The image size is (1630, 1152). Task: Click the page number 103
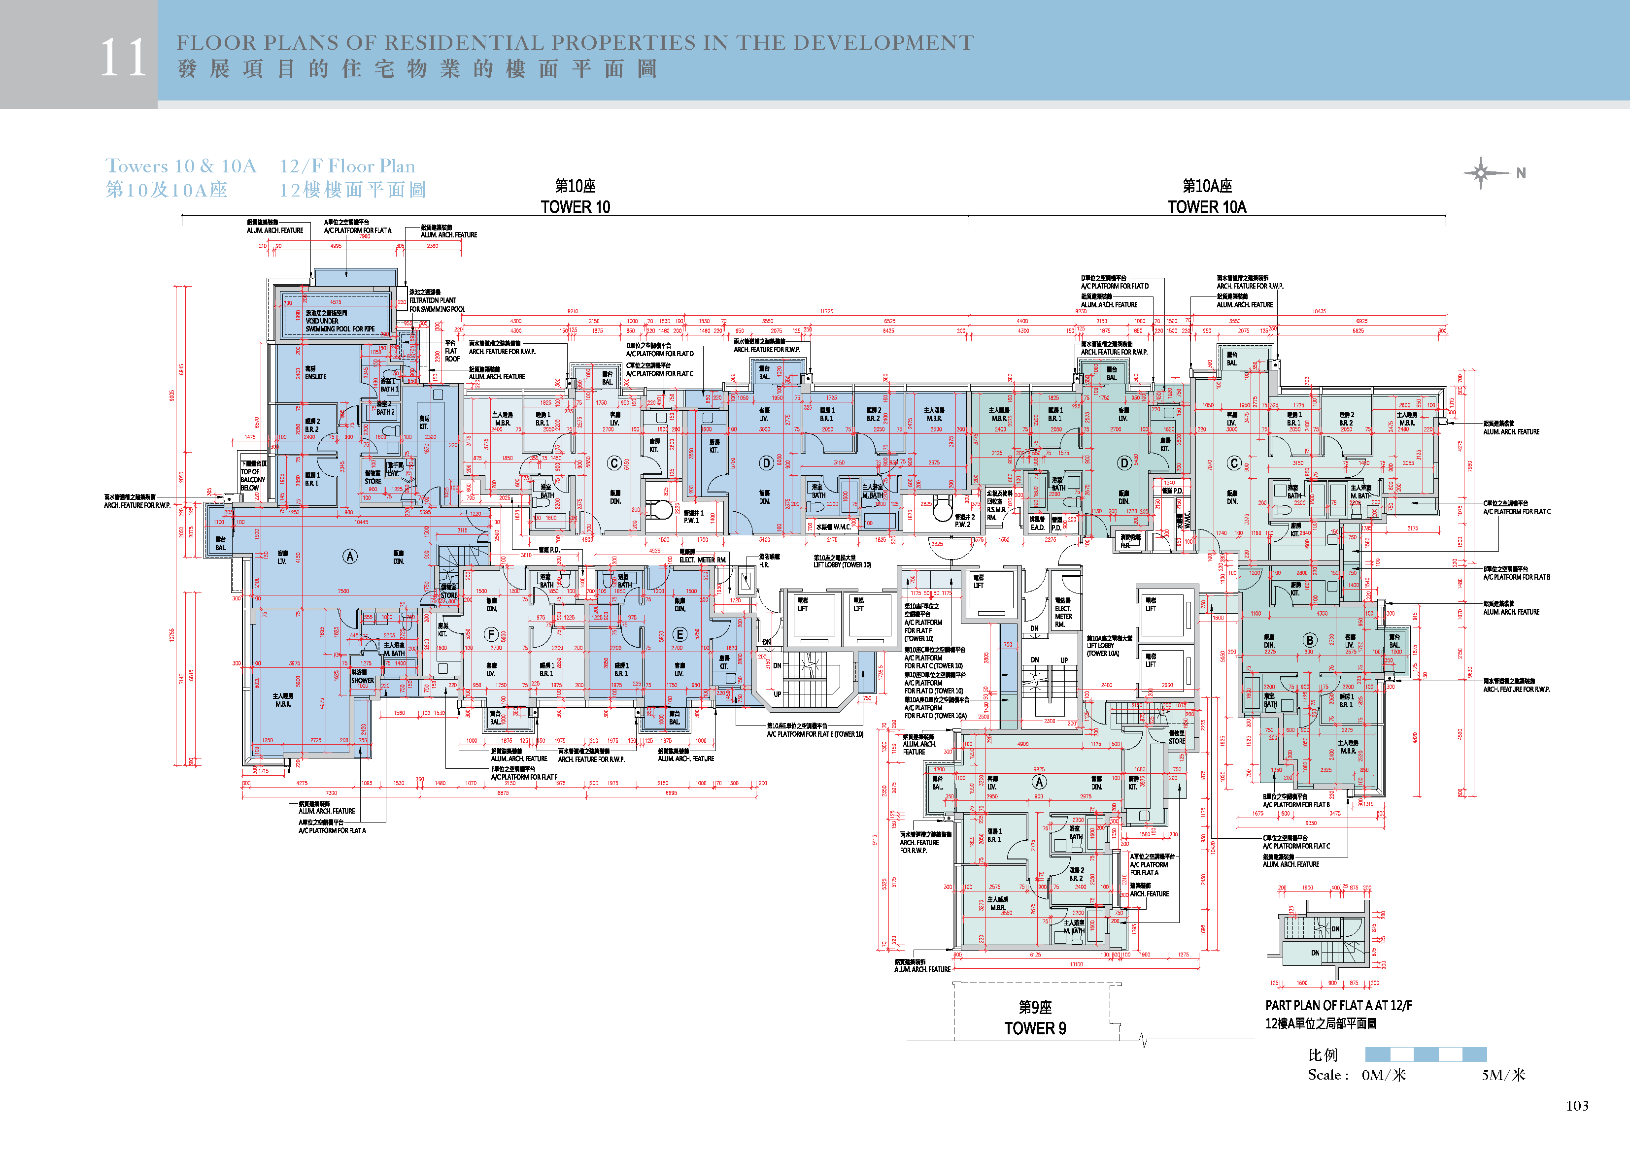pos(1577,1105)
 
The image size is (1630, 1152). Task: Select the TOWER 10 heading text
pos(575,206)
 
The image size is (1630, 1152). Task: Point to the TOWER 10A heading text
pos(1207,206)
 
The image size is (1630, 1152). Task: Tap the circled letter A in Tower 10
pos(350,557)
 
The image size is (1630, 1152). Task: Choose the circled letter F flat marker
pos(491,634)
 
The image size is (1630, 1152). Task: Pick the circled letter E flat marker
pos(679,634)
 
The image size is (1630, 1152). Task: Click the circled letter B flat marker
pos(1309,639)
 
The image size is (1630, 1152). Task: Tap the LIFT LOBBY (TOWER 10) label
pos(842,561)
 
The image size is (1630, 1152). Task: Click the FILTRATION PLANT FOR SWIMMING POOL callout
pos(437,301)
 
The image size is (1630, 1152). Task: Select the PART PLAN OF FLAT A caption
pos(1338,1005)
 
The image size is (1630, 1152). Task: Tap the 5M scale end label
pos(1503,1075)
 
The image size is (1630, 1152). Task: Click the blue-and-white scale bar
pos(1426,1054)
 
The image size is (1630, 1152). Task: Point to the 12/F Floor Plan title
pos(347,166)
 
